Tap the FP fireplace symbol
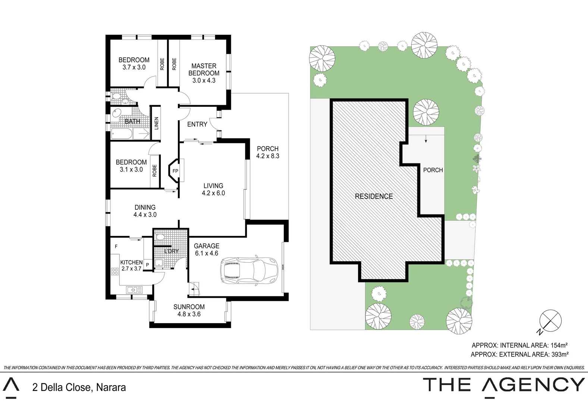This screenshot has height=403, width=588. pyautogui.click(x=175, y=171)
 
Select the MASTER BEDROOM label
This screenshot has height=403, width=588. pyautogui.click(x=204, y=69)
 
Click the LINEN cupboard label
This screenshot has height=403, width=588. pyautogui.click(x=157, y=123)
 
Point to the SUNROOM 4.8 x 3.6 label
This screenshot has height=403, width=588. pyautogui.click(x=189, y=310)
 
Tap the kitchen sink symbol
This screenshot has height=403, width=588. pyautogui.click(x=134, y=290)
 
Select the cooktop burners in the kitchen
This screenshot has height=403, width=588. pyautogui.click(x=115, y=271)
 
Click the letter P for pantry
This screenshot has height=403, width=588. pyautogui.click(x=148, y=265)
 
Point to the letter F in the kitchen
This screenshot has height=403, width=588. pyautogui.click(x=116, y=247)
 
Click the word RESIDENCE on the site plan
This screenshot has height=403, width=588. pyautogui.click(x=374, y=196)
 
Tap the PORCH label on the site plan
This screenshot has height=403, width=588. pyautogui.click(x=433, y=170)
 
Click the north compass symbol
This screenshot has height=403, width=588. pyautogui.click(x=550, y=321)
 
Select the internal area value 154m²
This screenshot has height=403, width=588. pyautogui.click(x=559, y=346)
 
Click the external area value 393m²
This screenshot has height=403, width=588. pyautogui.click(x=560, y=354)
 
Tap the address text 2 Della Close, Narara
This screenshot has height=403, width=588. pyautogui.click(x=79, y=387)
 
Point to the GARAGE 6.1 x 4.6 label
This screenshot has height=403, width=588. pyautogui.click(x=206, y=250)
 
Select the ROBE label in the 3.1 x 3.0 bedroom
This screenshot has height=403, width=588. pyautogui.click(x=155, y=171)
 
